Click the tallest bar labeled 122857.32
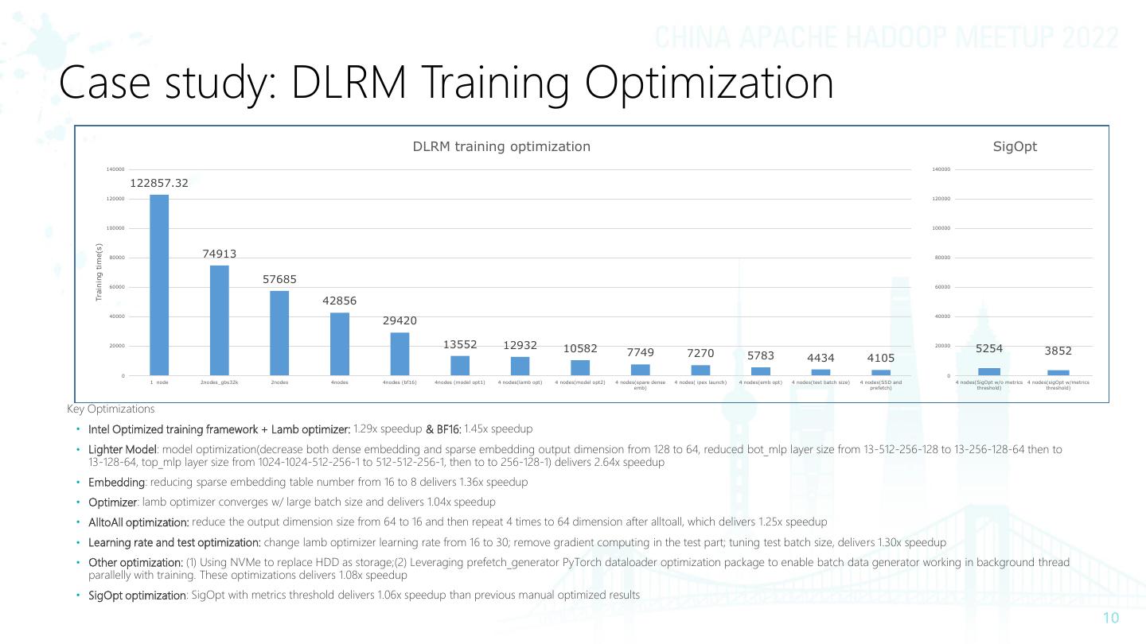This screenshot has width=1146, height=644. pyautogui.click(x=159, y=285)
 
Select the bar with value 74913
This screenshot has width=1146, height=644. pyautogui.click(x=220, y=320)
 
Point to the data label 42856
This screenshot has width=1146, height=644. pyautogui.click(x=339, y=301)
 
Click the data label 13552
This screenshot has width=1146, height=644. pyautogui.click(x=460, y=344)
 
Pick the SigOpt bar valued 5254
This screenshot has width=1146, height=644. pyautogui.click(x=988, y=372)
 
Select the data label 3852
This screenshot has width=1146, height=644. pyautogui.click(x=1058, y=351)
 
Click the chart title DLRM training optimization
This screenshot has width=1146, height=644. pyautogui.click(x=501, y=146)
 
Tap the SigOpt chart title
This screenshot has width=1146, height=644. pyautogui.click(x=1015, y=146)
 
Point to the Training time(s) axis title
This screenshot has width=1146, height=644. pyautogui.click(x=99, y=272)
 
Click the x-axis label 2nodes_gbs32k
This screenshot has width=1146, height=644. pyautogui.click(x=220, y=382)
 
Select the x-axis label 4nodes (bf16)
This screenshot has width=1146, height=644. pyautogui.click(x=400, y=382)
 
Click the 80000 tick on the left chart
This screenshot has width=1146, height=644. pyautogui.click(x=116, y=258)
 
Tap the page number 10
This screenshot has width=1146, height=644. pyautogui.click(x=1111, y=619)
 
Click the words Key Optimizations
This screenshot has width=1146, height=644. pyautogui.click(x=111, y=409)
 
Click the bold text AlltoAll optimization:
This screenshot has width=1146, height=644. pyautogui.click(x=138, y=522)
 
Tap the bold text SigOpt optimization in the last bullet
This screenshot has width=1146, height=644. pyautogui.click(x=137, y=596)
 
